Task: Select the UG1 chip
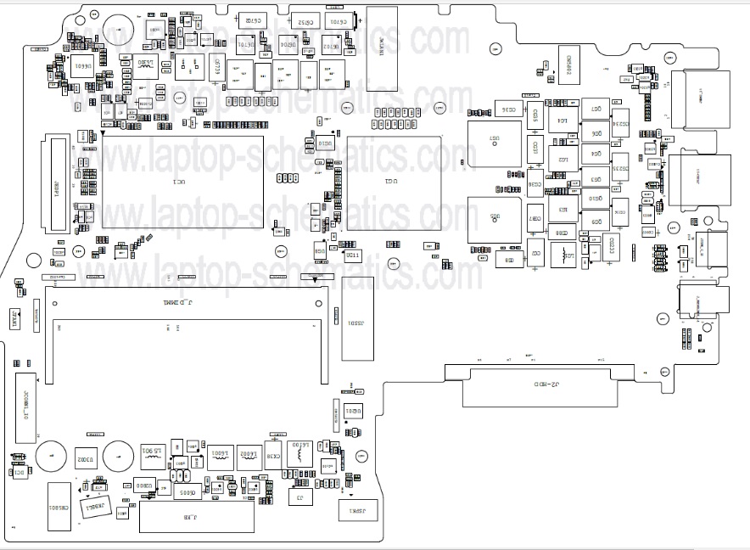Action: (394, 182)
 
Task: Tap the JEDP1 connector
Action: (58, 185)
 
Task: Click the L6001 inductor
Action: (220, 456)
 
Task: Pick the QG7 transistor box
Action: (597, 110)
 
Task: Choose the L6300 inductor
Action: (146, 66)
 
